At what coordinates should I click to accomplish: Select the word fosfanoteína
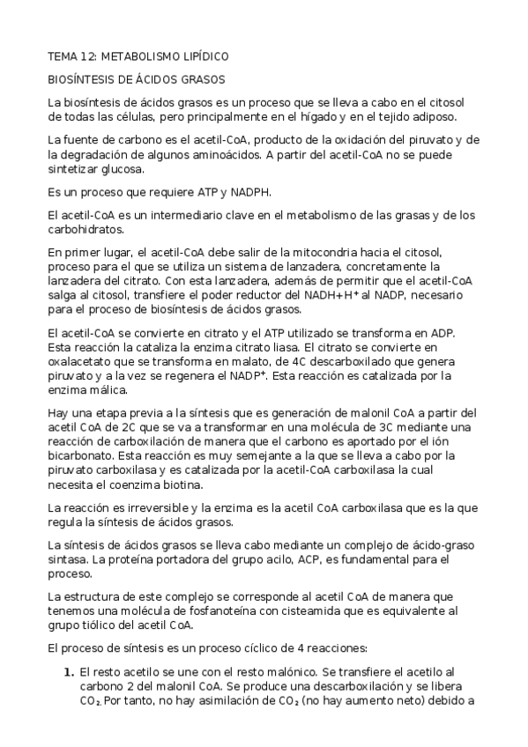click(x=205, y=612)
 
